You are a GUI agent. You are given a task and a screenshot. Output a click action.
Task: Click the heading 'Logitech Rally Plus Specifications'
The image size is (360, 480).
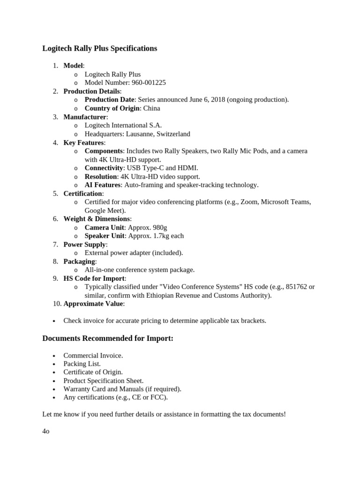100,49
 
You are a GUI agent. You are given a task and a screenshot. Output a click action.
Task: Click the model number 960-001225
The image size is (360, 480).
149,83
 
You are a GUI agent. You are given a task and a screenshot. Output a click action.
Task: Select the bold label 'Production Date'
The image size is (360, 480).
110,100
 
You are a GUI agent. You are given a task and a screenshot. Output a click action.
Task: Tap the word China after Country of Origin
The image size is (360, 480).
151,108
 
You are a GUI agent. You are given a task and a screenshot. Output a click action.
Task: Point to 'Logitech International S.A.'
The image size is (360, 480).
123,125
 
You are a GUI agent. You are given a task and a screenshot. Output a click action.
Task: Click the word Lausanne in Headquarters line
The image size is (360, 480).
143,134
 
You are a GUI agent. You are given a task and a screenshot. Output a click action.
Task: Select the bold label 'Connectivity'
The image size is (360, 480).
104,168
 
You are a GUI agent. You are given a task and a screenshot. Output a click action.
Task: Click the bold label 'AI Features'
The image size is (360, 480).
103,185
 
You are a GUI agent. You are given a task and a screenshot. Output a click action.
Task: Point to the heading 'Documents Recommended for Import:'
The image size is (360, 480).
108,338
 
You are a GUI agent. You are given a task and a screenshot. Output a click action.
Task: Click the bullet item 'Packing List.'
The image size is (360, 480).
82,364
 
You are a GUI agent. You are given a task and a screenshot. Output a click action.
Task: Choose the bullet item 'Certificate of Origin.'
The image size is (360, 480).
93,372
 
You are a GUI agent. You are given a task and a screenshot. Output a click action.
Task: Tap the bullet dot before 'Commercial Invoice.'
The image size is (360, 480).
54,356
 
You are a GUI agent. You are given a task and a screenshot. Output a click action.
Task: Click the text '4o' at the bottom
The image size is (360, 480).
46,431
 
